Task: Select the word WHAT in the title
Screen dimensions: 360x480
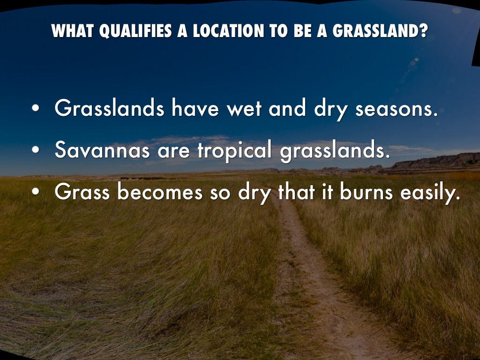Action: click(x=69, y=31)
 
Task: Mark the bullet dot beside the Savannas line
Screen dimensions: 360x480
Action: click(x=36, y=151)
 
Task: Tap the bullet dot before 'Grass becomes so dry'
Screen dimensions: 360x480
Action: click(x=36, y=193)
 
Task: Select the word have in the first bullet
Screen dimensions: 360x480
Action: click(x=195, y=109)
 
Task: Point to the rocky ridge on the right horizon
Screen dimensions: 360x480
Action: click(x=436, y=162)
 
